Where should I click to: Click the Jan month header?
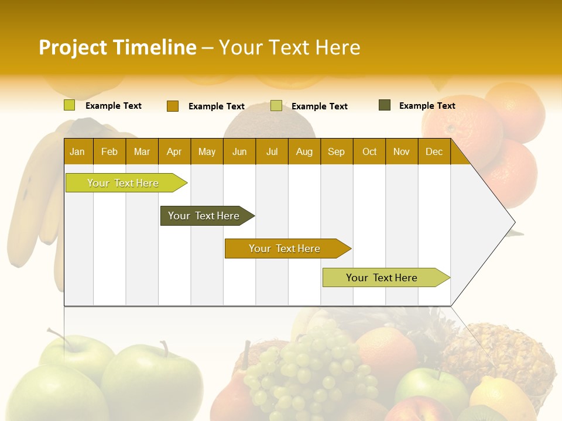[78, 151]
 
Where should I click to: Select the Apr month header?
[174, 151]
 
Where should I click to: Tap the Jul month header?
[272, 151]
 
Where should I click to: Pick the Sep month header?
[336, 151]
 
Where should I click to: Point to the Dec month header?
[434, 151]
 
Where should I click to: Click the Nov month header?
[401, 151]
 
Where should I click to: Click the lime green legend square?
[70, 105]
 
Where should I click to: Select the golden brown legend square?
[173, 106]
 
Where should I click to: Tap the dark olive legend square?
[385, 105]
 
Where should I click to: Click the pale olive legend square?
[276, 106]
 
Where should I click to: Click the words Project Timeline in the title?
[117, 47]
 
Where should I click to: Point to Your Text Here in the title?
[289, 47]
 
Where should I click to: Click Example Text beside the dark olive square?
[427, 106]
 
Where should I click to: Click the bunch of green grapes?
[307, 368]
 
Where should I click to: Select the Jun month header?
[239, 151]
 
